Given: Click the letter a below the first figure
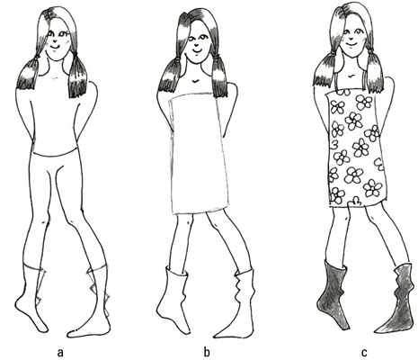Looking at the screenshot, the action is (60, 352).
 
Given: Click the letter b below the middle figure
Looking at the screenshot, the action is (207, 351).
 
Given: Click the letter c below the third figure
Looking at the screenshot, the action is (364, 352).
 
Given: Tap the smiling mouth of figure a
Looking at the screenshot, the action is (55, 47).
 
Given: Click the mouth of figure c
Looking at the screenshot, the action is (351, 45).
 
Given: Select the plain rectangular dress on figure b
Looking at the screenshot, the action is (200, 153).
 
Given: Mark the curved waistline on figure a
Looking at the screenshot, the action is (55, 154).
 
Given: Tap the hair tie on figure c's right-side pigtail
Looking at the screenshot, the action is (371, 52).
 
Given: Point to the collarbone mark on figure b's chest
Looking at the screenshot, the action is (195, 81).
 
